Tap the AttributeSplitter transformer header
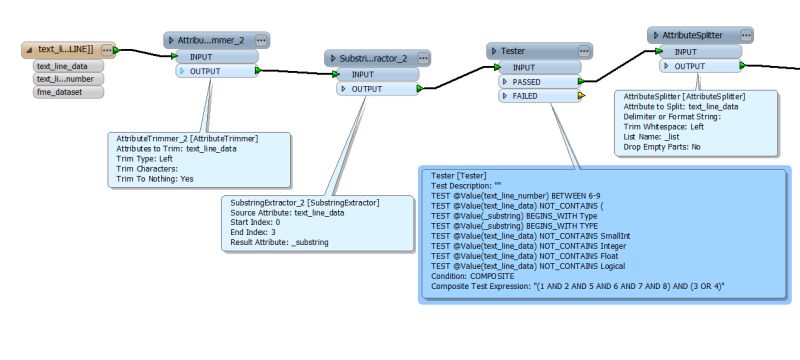pos(692,35)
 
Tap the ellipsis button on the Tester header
pos(580,50)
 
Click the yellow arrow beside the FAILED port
pos(581,96)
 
